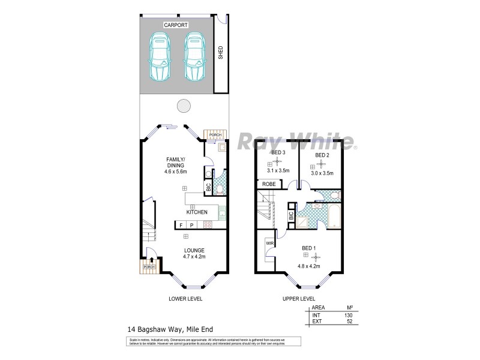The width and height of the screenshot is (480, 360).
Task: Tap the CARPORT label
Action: pyautogui.click(x=176, y=25)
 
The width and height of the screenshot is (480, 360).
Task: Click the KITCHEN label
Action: pyautogui.click(x=197, y=212)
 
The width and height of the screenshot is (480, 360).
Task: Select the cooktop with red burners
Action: pyautogui.click(x=208, y=225)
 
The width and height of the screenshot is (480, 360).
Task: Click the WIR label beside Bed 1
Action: pyautogui.click(x=269, y=243)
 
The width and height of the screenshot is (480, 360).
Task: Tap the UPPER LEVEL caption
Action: pyautogui.click(x=299, y=298)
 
